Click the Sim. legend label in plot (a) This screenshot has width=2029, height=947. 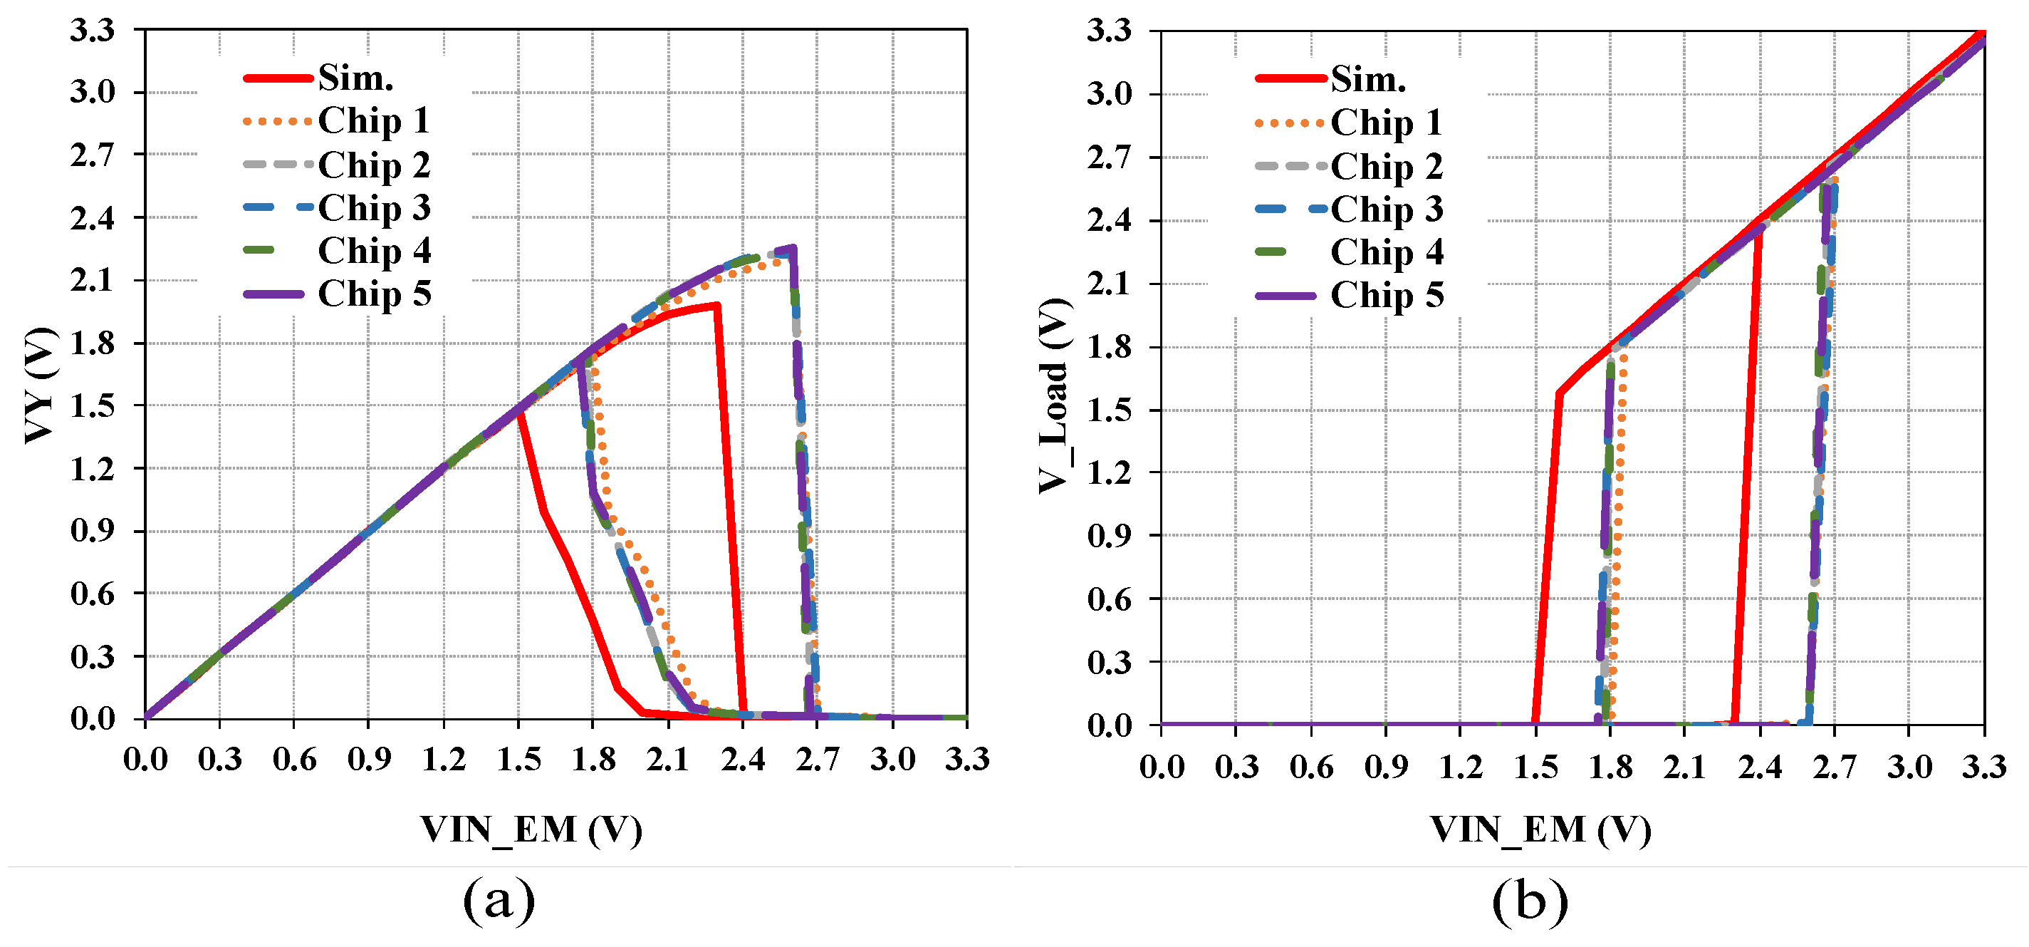[x=355, y=78]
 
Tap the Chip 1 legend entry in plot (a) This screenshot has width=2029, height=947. [x=373, y=120]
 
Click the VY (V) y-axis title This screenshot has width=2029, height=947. [x=39, y=385]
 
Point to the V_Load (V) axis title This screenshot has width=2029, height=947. [x=1054, y=396]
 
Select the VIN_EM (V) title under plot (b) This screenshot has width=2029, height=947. [x=1539, y=829]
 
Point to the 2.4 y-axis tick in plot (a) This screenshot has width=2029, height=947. [x=92, y=218]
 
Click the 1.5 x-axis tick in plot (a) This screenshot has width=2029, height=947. [x=519, y=760]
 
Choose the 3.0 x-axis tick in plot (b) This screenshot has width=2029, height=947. [x=1909, y=767]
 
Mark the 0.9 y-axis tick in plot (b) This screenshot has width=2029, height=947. [x=1108, y=536]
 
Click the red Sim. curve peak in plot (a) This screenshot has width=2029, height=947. [x=716, y=305]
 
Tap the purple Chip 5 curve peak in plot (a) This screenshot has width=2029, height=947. [x=793, y=248]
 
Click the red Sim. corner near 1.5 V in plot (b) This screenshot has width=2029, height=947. [x=1558, y=393]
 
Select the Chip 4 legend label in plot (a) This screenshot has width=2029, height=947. [x=373, y=251]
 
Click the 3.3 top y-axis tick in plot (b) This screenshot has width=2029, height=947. [x=1108, y=31]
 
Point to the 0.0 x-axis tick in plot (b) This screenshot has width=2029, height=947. [x=1161, y=767]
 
